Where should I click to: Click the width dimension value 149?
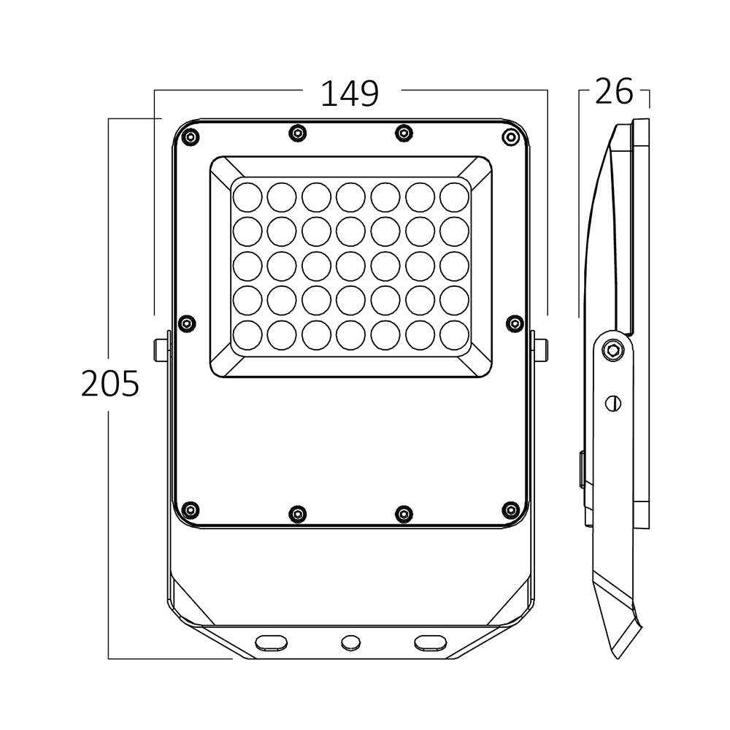click(x=350, y=93)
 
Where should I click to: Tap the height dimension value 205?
click(x=109, y=384)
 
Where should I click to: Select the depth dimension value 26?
click(x=613, y=92)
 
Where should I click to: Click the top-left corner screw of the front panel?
click(x=191, y=137)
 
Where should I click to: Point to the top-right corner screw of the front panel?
click(x=510, y=137)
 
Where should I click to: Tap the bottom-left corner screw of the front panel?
click(x=191, y=509)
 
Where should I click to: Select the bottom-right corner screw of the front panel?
click(x=510, y=509)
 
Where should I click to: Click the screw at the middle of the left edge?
click(x=188, y=322)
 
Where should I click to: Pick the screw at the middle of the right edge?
click(x=515, y=322)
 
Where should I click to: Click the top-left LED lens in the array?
click(x=247, y=196)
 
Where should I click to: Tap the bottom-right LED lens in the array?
click(x=455, y=335)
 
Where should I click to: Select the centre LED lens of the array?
click(x=350, y=266)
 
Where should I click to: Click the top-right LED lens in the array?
click(x=455, y=196)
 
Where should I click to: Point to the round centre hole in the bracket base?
click(x=351, y=642)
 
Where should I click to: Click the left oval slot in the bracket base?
click(x=271, y=642)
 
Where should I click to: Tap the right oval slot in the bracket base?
click(x=430, y=642)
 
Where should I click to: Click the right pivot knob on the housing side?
click(x=541, y=350)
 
